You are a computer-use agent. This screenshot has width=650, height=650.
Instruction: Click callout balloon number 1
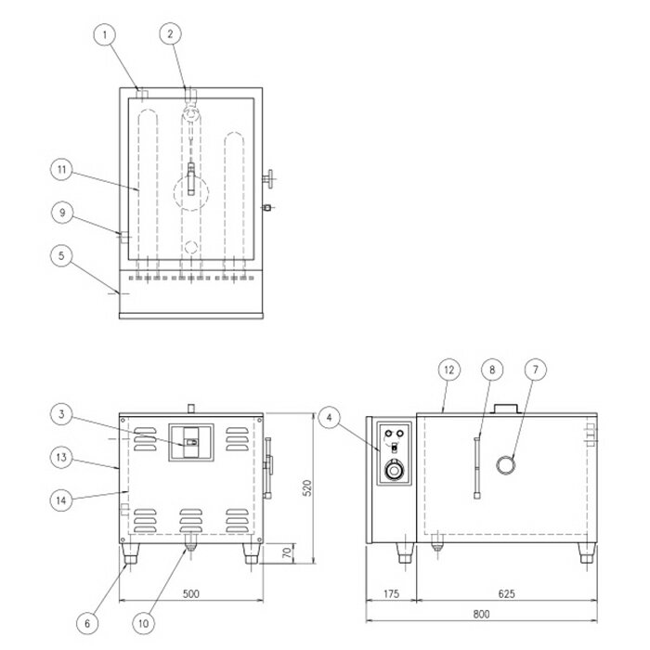(105, 35)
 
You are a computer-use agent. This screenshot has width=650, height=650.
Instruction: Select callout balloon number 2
(170, 33)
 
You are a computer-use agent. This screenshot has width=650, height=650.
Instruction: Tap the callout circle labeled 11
(62, 170)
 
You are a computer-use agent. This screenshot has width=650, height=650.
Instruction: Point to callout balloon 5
(62, 255)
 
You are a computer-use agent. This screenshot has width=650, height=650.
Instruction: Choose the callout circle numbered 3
(62, 414)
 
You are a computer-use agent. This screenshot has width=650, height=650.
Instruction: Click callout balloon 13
(61, 457)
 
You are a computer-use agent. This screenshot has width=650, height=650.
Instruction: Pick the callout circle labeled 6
(87, 623)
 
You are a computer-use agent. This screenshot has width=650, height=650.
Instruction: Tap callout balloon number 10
(143, 623)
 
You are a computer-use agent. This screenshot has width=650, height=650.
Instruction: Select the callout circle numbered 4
(330, 418)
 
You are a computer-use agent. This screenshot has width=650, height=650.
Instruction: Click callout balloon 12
(449, 370)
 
